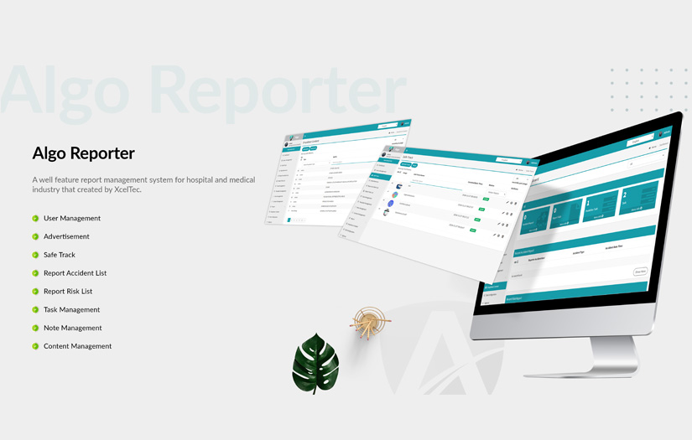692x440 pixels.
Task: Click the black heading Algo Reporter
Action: click(x=83, y=153)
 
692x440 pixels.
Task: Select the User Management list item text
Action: click(x=72, y=219)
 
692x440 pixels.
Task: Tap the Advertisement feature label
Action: click(x=66, y=236)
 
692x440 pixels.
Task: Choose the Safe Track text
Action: click(x=60, y=255)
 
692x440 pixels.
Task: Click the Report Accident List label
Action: click(x=75, y=273)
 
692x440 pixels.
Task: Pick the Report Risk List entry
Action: click(x=68, y=292)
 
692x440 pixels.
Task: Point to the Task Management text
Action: click(x=71, y=310)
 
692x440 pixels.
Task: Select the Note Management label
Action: click(x=72, y=328)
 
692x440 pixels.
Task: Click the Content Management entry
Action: click(x=77, y=346)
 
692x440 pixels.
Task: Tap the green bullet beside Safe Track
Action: click(x=35, y=255)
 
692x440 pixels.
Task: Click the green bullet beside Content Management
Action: click(x=35, y=346)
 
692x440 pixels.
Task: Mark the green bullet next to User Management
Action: click(x=35, y=219)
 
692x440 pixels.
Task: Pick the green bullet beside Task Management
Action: click(x=35, y=310)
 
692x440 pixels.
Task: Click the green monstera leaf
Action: click(x=315, y=363)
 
